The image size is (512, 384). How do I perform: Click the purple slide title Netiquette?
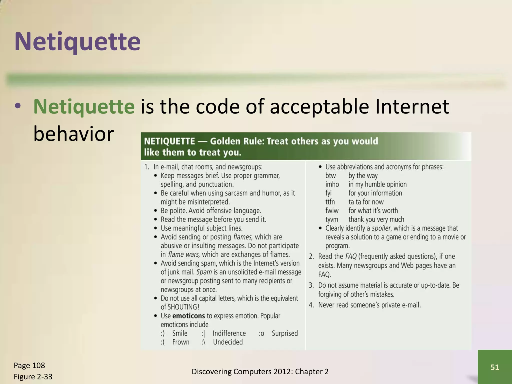pyautogui.click(x=77, y=41)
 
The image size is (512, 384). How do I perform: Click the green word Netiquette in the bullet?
pyautogui.click(x=84, y=107)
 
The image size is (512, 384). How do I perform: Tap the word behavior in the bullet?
pyautogui.click(x=73, y=134)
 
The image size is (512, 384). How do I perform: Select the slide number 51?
pyautogui.click(x=495, y=367)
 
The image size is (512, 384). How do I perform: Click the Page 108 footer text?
pyautogui.click(x=29, y=365)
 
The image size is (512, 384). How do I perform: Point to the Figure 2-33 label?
pyautogui.click(x=33, y=376)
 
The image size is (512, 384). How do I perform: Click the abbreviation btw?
pyautogui.click(x=330, y=176)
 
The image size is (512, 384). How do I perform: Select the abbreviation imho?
pyautogui.click(x=332, y=184)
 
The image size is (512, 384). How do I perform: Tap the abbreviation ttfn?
pyautogui.click(x=330, y=202)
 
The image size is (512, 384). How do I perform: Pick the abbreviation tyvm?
pyautogui.click(x=332, y=219)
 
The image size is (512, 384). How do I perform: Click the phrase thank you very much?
pyautogui.click(x=376, y=219)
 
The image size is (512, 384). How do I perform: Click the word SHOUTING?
pyautogui.click(x=183, y=307)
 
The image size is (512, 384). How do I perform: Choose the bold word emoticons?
pyautogui.click(x=188, y=316)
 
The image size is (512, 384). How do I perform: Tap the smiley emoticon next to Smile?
pyautogui.click(x=163, y=333)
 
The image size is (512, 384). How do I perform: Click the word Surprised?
pyautogui.click(x=285, y=333)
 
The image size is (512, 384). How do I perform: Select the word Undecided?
pyautogui.click(x=228, y=342)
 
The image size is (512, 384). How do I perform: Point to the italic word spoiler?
pyautogui.click(x=381, y=228)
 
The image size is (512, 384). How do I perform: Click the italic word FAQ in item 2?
pyautogui.click(x=351, y=256)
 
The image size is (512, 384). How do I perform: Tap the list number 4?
pyautogui.click(x=311, y=305)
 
